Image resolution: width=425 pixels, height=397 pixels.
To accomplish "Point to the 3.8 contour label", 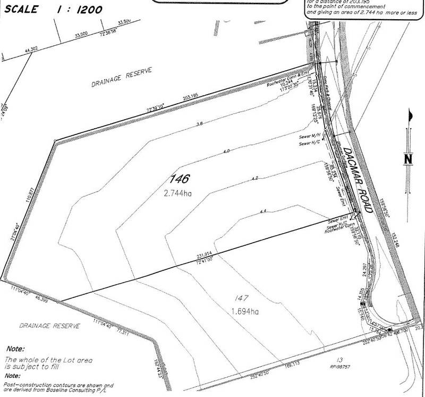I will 200,123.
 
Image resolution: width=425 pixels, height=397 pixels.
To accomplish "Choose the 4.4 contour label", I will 262,212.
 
